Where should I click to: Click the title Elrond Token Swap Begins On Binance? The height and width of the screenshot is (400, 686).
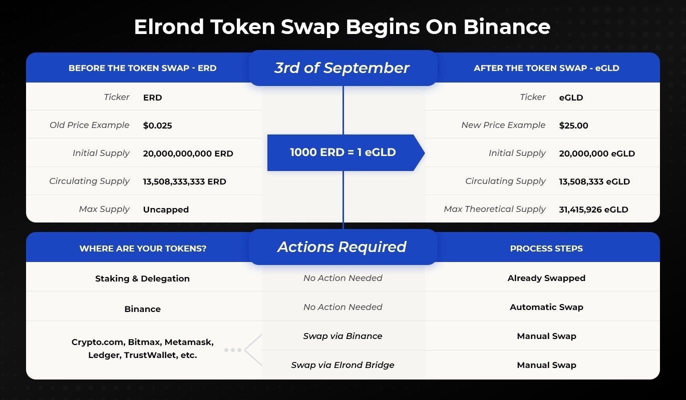click(342, 26)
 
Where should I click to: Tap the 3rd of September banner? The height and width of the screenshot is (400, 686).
click(342, 68)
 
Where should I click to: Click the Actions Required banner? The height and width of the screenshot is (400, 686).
click(342, 247)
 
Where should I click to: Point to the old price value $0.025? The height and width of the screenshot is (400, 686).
click(157, 125)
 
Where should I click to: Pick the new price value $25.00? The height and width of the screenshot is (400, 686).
click(573, 125)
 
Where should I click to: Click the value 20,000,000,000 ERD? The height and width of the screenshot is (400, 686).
click(188, 153)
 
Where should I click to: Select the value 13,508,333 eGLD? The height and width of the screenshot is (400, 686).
click(594, 181)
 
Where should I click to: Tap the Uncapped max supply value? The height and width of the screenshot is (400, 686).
click(166, 209)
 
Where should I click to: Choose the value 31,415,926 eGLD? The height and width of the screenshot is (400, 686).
click(593, 209)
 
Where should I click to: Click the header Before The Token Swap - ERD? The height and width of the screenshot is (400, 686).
click(142, 68)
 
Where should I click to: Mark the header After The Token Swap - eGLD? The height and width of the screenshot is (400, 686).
click(546, 68)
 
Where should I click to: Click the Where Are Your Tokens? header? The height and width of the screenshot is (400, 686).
click(142, 248)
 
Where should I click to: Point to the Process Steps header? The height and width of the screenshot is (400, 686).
click(546, 248)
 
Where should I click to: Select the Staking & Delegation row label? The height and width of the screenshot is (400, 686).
click(142, 278)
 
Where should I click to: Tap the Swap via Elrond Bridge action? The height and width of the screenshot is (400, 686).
click(342, 365)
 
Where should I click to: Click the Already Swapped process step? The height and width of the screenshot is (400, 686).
click(546, 278)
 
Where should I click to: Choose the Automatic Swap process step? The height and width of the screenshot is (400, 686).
click(546, 307)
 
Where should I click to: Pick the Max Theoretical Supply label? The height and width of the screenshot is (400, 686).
click(494, 209)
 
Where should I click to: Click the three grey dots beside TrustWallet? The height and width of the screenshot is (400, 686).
click(233, 350)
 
